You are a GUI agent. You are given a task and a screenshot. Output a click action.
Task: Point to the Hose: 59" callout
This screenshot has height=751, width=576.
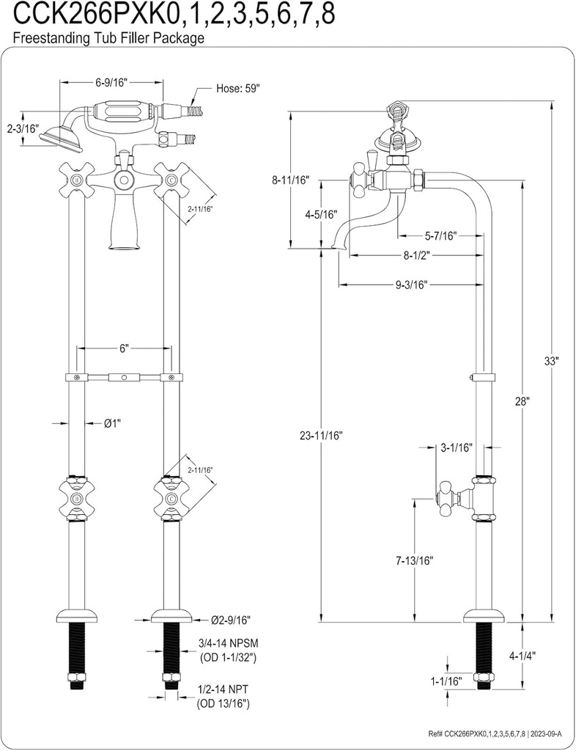pos(238,88)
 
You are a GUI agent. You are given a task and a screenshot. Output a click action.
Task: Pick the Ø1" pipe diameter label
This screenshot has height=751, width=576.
pos(111,422)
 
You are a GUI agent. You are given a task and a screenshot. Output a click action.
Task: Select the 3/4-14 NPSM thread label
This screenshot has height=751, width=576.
pos(227,643)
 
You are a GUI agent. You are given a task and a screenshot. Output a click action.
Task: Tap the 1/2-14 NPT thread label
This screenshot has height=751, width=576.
pos(224,691)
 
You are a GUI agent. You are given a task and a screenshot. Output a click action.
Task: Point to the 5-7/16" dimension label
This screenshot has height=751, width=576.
pos(440,236)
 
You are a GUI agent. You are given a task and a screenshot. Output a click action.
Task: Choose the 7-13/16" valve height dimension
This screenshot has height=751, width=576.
pos(416,561)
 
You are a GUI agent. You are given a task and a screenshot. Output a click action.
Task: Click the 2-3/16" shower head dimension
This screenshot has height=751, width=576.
pos(22,128)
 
